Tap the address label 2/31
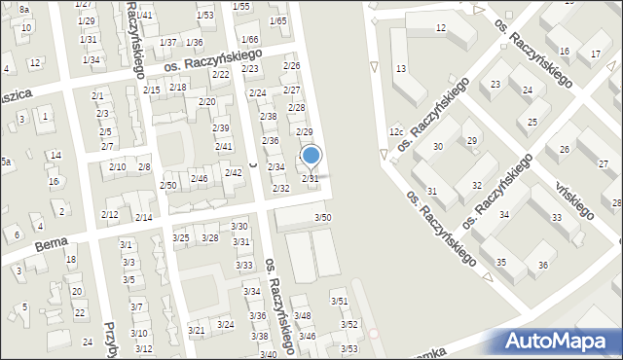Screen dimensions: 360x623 (x=310, y=179)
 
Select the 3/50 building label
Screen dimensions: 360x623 (x=322, y=217)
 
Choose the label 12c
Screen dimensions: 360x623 (x=395, y=131)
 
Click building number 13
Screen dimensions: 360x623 (x=400, y=69)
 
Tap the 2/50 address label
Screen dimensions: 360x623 (x=168, y=185)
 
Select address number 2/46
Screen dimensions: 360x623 (x=199, y=179)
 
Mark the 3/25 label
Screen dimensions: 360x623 (x=181, y=238)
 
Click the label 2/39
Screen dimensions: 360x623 (x=222, y=128)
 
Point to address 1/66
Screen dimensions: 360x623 (x=249, y=39)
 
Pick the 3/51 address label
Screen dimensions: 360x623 (x=339, y=302)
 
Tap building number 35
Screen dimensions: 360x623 (x=500, y=263)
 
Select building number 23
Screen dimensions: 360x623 (x=495, y=85)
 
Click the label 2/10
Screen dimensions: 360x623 (x=117, y=167)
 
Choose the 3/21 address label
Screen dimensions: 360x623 (x=197, y=331)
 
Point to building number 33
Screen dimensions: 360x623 (x=556, y=218)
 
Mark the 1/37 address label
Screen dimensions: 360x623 (x=168, y=42)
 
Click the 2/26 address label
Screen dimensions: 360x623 (x=291, y=65)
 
